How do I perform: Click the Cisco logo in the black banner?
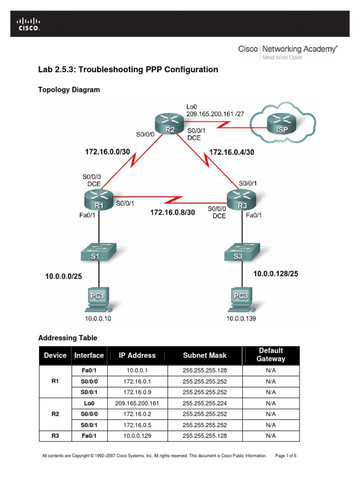tap(28, 24)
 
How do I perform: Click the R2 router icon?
tap(169, 123)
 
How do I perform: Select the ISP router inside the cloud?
tap(282, 123)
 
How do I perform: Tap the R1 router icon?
tap(98, 200)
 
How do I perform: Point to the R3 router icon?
tap(241, 200)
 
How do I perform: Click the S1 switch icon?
tap(98, 252)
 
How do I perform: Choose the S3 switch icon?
tap(242, 252)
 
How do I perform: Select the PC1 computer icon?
tap(98, 299)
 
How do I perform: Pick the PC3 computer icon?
tap(241, 299)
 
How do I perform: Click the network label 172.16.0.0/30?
tap(107, 152)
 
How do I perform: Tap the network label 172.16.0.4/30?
tap(232, 152)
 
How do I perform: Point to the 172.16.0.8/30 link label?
tap(172, 212)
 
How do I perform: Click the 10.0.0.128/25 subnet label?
tap(276, 274)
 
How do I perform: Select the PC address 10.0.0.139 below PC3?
tap(241, 318)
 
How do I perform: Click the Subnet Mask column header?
tap(205, 355)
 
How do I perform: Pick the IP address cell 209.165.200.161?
tap(137, 403)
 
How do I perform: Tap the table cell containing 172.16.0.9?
tap(137, 392)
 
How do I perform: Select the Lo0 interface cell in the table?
tap(89, 403)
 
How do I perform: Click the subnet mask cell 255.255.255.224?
tap(205, 403)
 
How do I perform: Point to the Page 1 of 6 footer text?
tap(285, 456)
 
